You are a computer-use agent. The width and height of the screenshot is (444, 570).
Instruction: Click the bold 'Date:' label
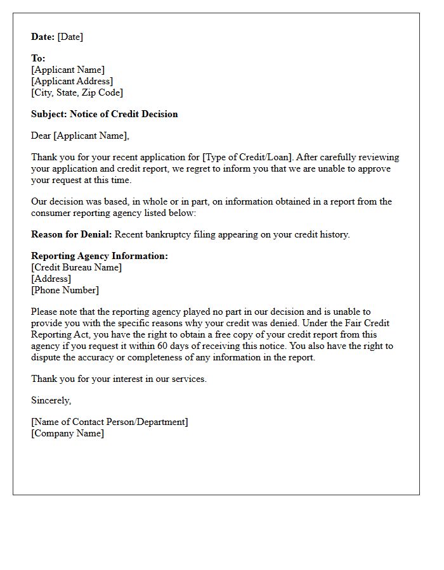(x=42, y=37)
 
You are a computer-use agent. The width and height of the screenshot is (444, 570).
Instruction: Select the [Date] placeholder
(x=70, y=37)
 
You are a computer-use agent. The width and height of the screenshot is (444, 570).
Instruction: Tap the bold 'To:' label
(x=38, y=58)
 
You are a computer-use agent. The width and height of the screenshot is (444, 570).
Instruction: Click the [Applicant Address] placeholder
(x=72, y=81)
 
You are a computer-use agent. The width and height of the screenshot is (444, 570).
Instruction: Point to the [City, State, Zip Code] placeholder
(x=77, y=92)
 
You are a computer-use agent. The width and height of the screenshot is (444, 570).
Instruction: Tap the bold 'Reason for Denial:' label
(x=71, y=234)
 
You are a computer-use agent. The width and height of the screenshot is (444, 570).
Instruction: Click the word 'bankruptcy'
(x=168, y=234)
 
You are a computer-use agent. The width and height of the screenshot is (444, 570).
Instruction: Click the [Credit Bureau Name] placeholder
(x=76, y=267)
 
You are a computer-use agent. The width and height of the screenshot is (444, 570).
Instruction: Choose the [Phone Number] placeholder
(x=65, y=290)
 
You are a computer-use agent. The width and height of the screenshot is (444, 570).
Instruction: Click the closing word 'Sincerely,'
(x=51, y=400)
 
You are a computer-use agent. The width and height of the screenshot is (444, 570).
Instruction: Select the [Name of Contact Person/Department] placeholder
(x=109, y=422)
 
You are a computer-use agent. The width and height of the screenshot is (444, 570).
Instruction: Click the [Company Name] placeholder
(x=67, y=433)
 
